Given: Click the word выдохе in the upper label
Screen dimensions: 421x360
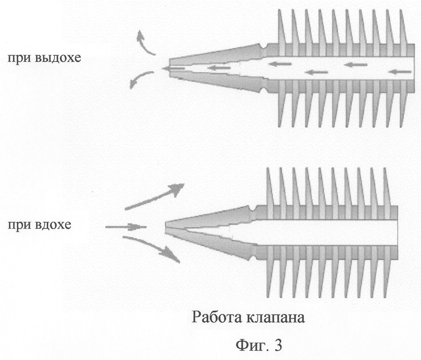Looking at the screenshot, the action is tap(58, 58).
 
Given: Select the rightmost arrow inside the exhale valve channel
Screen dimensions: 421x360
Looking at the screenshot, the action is tap(400, 72).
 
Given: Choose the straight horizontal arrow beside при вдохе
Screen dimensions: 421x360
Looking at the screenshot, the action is tap(126, 227).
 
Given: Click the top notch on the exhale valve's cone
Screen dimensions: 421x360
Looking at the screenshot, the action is tap(265, 48).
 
